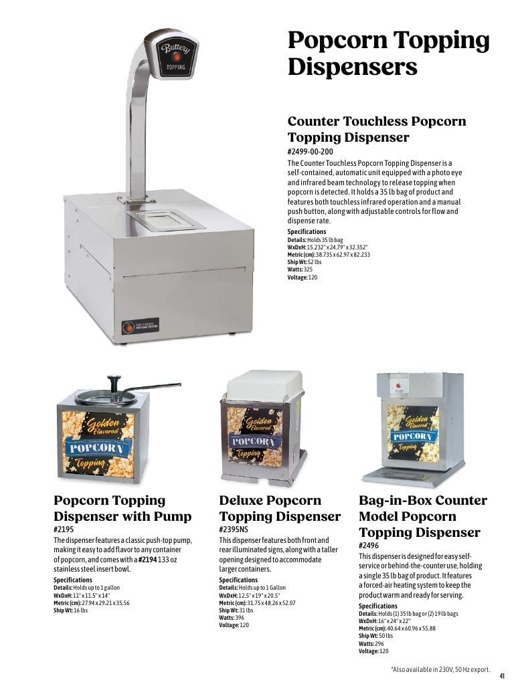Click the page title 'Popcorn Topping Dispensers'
tap(388, 54)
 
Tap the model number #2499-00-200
tap(311, 151)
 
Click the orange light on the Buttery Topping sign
tap(177, 57)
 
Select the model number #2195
tap(64, 530)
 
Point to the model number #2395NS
tap(233, 530)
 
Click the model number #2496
tap(369, 546)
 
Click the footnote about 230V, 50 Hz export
tap(440, 669)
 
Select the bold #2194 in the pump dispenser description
tap(147, 560)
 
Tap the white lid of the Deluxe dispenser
tap(264, 387)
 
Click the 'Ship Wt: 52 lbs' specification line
tap(304, 262)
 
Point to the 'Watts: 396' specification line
tap(232, 618)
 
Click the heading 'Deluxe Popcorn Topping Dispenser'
tap(280, 508)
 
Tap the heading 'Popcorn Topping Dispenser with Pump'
tap(122, 508)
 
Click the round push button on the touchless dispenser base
tap(128, 327)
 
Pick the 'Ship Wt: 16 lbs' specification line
tap(70, 610)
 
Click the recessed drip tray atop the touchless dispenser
tap(166, 220)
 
